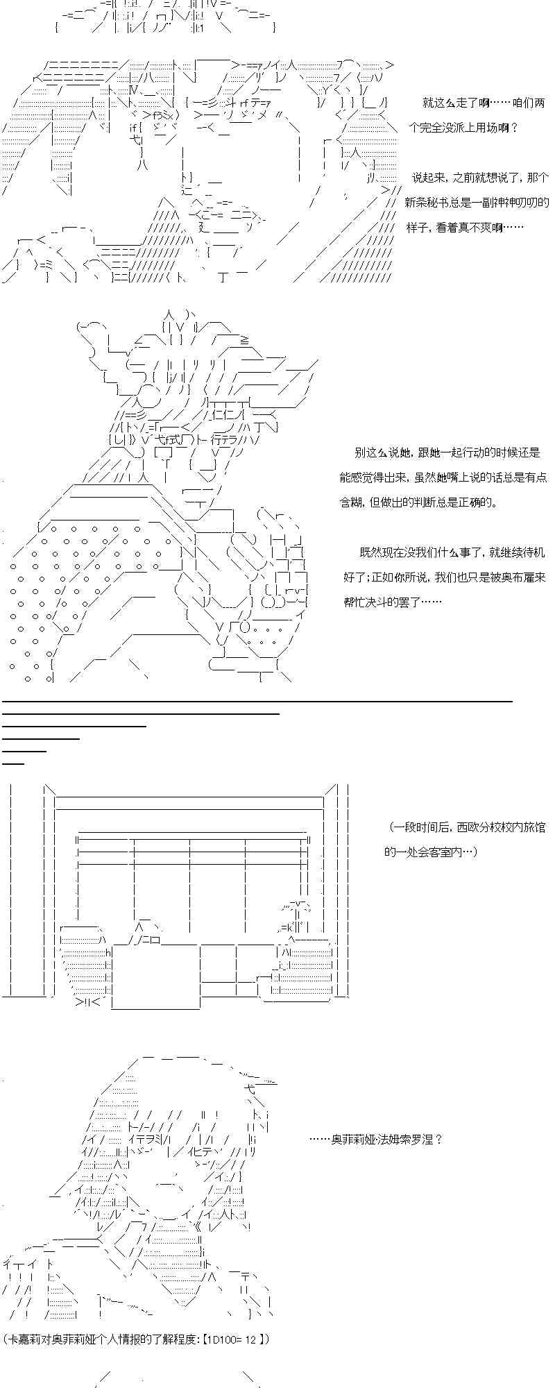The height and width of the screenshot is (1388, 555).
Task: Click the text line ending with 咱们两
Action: [484, 103]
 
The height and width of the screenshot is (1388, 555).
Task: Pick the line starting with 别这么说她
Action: [447, 452]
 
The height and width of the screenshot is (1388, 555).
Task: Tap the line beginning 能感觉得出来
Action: [443, 477]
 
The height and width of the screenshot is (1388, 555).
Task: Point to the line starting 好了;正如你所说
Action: [445, 577]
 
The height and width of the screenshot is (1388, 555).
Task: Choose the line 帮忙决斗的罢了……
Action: [392, 602]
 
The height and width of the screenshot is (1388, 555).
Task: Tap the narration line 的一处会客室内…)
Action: [430, 852]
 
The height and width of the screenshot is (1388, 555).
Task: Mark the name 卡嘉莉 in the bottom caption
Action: [21, 1339]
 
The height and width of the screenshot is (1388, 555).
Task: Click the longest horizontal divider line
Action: [257, 702]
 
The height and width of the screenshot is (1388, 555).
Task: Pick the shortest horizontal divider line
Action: [13, 763]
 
